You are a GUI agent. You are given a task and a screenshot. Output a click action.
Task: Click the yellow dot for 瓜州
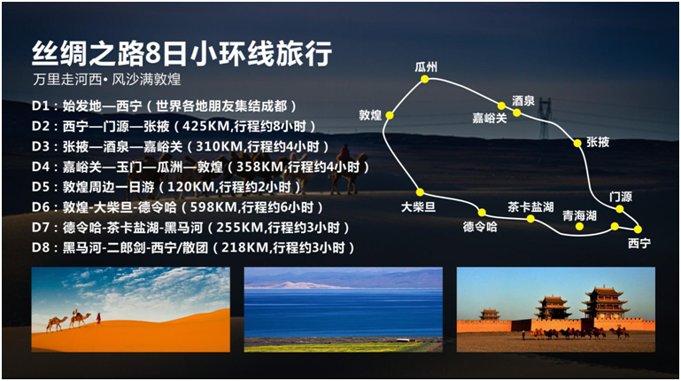[x=425, y=79]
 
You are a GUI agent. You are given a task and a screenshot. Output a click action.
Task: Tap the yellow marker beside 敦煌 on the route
[x=390, y=115]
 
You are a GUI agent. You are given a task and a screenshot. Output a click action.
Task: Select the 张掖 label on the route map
[x=598, y=142]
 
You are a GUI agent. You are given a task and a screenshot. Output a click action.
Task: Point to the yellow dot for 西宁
[x=638, y=229]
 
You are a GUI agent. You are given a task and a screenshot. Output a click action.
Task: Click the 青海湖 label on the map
[x=579, y=215]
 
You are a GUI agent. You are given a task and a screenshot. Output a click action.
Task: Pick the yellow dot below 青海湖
[x=579, y=226]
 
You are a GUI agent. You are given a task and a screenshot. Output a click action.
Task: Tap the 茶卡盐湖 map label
[x=530, y=206]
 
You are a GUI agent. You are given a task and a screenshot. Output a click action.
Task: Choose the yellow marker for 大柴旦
[x=420, y=192]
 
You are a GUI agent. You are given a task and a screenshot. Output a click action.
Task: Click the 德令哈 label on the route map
[x=480, y=227]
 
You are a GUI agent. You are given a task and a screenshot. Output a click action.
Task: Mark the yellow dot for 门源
[x=620, y=209]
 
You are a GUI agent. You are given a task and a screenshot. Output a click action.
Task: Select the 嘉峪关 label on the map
[x=490, y=118]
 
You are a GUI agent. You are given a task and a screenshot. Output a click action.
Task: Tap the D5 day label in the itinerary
[x=39, y=187]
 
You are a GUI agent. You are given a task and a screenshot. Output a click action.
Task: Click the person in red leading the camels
[x=98, y=318]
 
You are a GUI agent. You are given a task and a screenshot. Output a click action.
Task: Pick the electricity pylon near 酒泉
[x=545, y=118]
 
